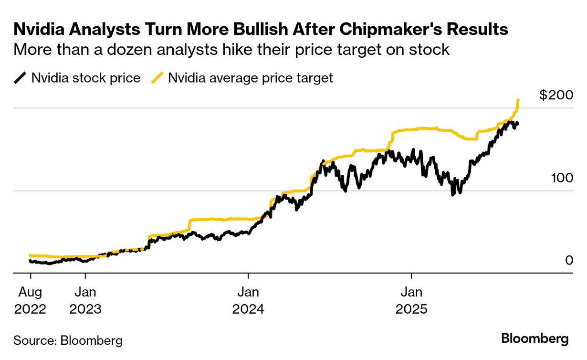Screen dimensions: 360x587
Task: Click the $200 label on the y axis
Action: pyautogui.click(x=556, y=95)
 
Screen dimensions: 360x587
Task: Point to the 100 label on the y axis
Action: pyautogui.click(x=560, y=178)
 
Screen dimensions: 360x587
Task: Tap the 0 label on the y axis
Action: pyautogui.click(x=569, y=260)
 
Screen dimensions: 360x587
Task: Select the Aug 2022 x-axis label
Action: pyautogui.click(x=31, y=300)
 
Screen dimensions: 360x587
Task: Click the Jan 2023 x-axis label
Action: pyautogui.click(x=85, y=300)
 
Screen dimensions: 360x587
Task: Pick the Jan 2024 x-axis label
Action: pyautogui.click(x=248, y=300)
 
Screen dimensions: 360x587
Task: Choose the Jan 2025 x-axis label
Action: pyautogui.click(x=411, y=300)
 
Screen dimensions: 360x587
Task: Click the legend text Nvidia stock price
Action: pyautogui.click(x=86, y=78)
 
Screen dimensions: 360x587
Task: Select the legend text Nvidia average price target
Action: pyautogui.click(x=251, y=78)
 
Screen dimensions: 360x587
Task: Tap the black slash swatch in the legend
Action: pyautogui.click(x=21, y=78)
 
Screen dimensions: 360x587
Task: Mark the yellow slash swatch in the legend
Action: pyautogui.click(x=157, y=78)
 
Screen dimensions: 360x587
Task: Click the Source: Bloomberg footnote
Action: pyautogui.click(x=68, y=340)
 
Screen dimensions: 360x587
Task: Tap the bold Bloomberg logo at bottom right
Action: pyautogui.click(x=535, y=339)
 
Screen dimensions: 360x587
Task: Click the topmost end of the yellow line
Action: pyautogui.click(x=518, y=100)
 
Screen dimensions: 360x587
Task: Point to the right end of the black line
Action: pyautogui.click(x=518, y=124)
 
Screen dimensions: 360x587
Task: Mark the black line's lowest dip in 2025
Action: pyautogui.click(x=452, y=194)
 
